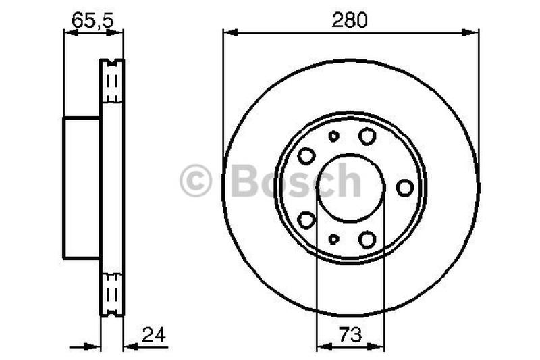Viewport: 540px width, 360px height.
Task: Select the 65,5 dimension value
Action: coord(93,20)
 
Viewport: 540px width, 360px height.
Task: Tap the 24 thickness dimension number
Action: coord(154,334)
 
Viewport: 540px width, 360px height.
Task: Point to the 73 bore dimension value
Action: coord(350,334)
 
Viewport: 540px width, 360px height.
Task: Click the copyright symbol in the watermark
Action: coord(196,182)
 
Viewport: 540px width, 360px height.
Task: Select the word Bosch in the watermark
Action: coord(296,181)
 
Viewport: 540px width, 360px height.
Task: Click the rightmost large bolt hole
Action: coord(404,187)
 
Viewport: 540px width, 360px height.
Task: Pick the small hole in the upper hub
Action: coord(333,136)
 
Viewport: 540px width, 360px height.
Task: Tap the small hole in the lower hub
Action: coord(333,238)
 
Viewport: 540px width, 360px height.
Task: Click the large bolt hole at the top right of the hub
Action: coord(367,136)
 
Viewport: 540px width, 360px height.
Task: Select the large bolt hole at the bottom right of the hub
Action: coord(367,238)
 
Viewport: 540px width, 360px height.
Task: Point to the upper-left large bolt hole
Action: coord(306,155)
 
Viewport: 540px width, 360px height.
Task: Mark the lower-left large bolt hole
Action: coord(306,220)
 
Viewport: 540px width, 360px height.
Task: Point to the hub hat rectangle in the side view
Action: coord(82,187)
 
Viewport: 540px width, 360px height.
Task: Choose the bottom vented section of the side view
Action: coord(112,294)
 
